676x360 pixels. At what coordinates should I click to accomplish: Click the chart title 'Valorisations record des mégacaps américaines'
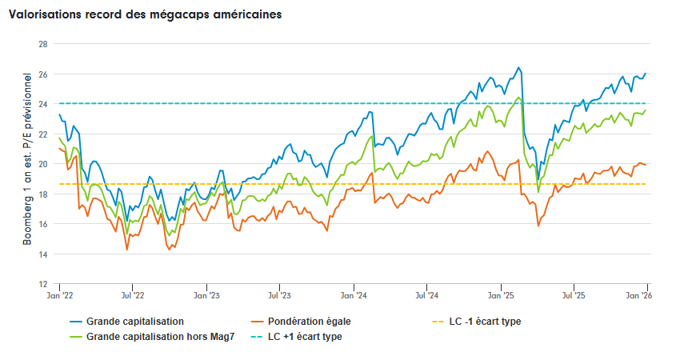145,15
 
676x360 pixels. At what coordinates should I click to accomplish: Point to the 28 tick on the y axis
42,44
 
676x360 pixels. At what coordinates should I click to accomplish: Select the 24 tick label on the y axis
42,104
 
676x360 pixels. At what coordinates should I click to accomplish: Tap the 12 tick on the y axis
42,284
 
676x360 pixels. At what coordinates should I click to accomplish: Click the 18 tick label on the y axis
42,194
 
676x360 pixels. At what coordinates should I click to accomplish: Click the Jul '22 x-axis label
133,296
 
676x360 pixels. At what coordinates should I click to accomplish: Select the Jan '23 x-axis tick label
206,296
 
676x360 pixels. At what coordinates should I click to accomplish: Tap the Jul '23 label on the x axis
279,296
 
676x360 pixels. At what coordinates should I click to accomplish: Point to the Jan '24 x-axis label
353,296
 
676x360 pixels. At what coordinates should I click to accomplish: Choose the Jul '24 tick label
426,296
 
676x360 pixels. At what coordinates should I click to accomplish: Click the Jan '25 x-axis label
501,296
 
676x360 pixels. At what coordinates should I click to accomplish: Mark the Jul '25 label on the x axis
574,296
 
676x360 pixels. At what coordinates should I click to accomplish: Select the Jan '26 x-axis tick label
645,296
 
